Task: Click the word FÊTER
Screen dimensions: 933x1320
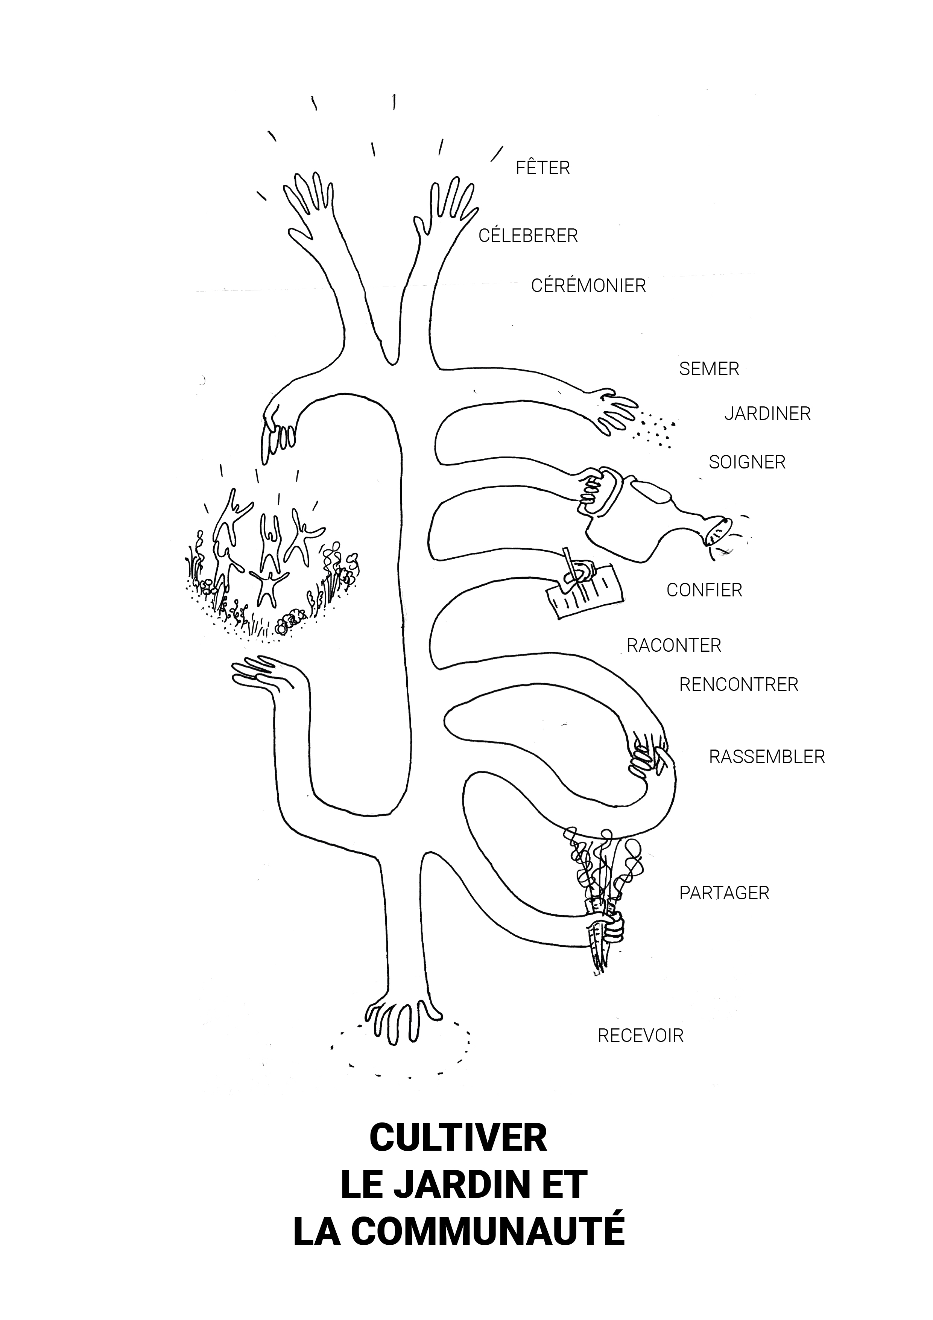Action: (x=542, y=167)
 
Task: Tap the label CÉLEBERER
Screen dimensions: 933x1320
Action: (x=528, y=235)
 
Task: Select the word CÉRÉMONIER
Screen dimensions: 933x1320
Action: (x=588, y=285)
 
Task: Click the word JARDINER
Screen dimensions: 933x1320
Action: (x=767, y=414)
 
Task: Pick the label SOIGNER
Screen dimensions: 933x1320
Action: (x=747, y=462)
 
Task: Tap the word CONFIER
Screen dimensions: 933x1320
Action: (x=704, y=590)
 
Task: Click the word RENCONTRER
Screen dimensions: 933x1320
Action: (x=739, y=685)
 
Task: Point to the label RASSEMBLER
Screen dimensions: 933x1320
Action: (x=767, y=757)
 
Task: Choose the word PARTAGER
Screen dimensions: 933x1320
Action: (x=724, y=893)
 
